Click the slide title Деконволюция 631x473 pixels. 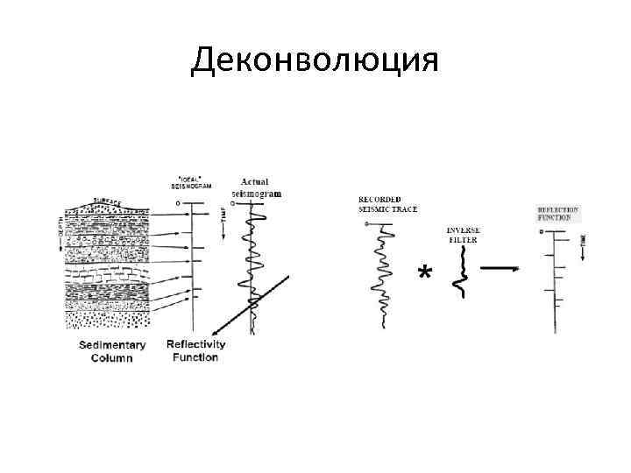point(314,61)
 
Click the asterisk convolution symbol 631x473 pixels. point(425,273)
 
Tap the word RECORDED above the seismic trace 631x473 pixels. point(379,200)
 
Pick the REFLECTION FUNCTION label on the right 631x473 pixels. point(558,214)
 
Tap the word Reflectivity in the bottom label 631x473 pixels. point(196,344)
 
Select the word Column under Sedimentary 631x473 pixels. point(110,358)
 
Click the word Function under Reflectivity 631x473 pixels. point(195,357)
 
